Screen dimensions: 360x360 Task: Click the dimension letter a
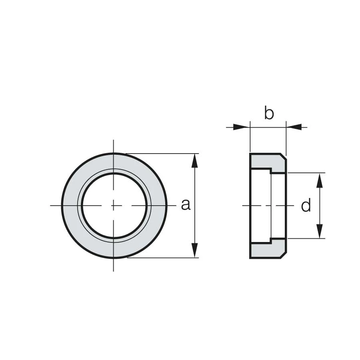186,205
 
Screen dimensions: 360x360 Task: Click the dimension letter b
269,113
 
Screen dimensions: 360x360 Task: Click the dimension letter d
306,205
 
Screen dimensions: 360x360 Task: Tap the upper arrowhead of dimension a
195,161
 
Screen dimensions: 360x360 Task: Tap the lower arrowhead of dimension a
195,250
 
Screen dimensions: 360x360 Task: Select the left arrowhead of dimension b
241,127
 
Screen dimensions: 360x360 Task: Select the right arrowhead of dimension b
294,127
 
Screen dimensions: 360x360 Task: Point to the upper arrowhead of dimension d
320,180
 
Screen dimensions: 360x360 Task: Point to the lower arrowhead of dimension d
320,231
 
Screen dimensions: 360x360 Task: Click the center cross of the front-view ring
114,206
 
